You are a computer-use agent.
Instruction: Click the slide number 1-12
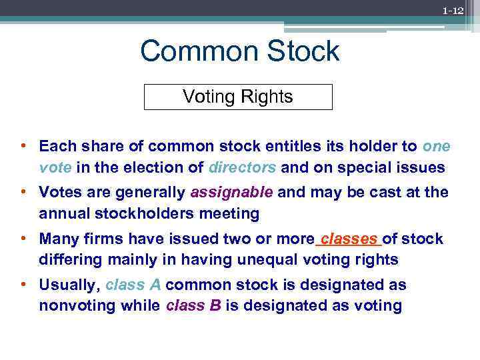[453, 11]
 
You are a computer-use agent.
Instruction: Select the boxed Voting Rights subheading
[238, 97]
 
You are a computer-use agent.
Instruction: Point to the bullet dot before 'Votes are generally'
[23, 193]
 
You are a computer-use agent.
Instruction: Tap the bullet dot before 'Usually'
[23, 285]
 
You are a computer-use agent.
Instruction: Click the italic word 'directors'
[242, 167]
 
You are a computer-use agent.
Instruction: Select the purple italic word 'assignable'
[231, 193]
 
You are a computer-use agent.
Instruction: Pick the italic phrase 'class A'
[133, 285]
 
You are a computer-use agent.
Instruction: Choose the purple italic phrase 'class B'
[195, 306]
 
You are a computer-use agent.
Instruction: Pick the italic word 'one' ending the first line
[436, 146]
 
